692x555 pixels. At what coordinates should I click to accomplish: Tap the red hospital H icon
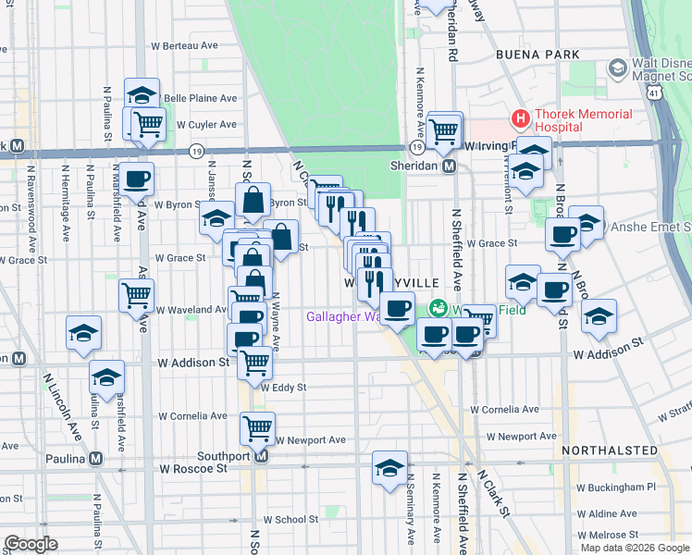coord(521,118)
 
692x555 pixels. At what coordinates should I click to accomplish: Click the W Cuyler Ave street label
coord(206,124)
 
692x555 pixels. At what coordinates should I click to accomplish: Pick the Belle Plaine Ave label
coord(200,98)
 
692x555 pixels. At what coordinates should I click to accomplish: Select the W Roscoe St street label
coord(192,469)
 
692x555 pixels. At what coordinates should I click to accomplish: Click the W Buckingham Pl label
coord(615,487)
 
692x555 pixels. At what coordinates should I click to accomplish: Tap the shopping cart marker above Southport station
coord(256,427)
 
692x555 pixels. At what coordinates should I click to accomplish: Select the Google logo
coord(31,545)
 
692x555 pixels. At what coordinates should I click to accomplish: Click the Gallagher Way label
coord(344,316)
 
